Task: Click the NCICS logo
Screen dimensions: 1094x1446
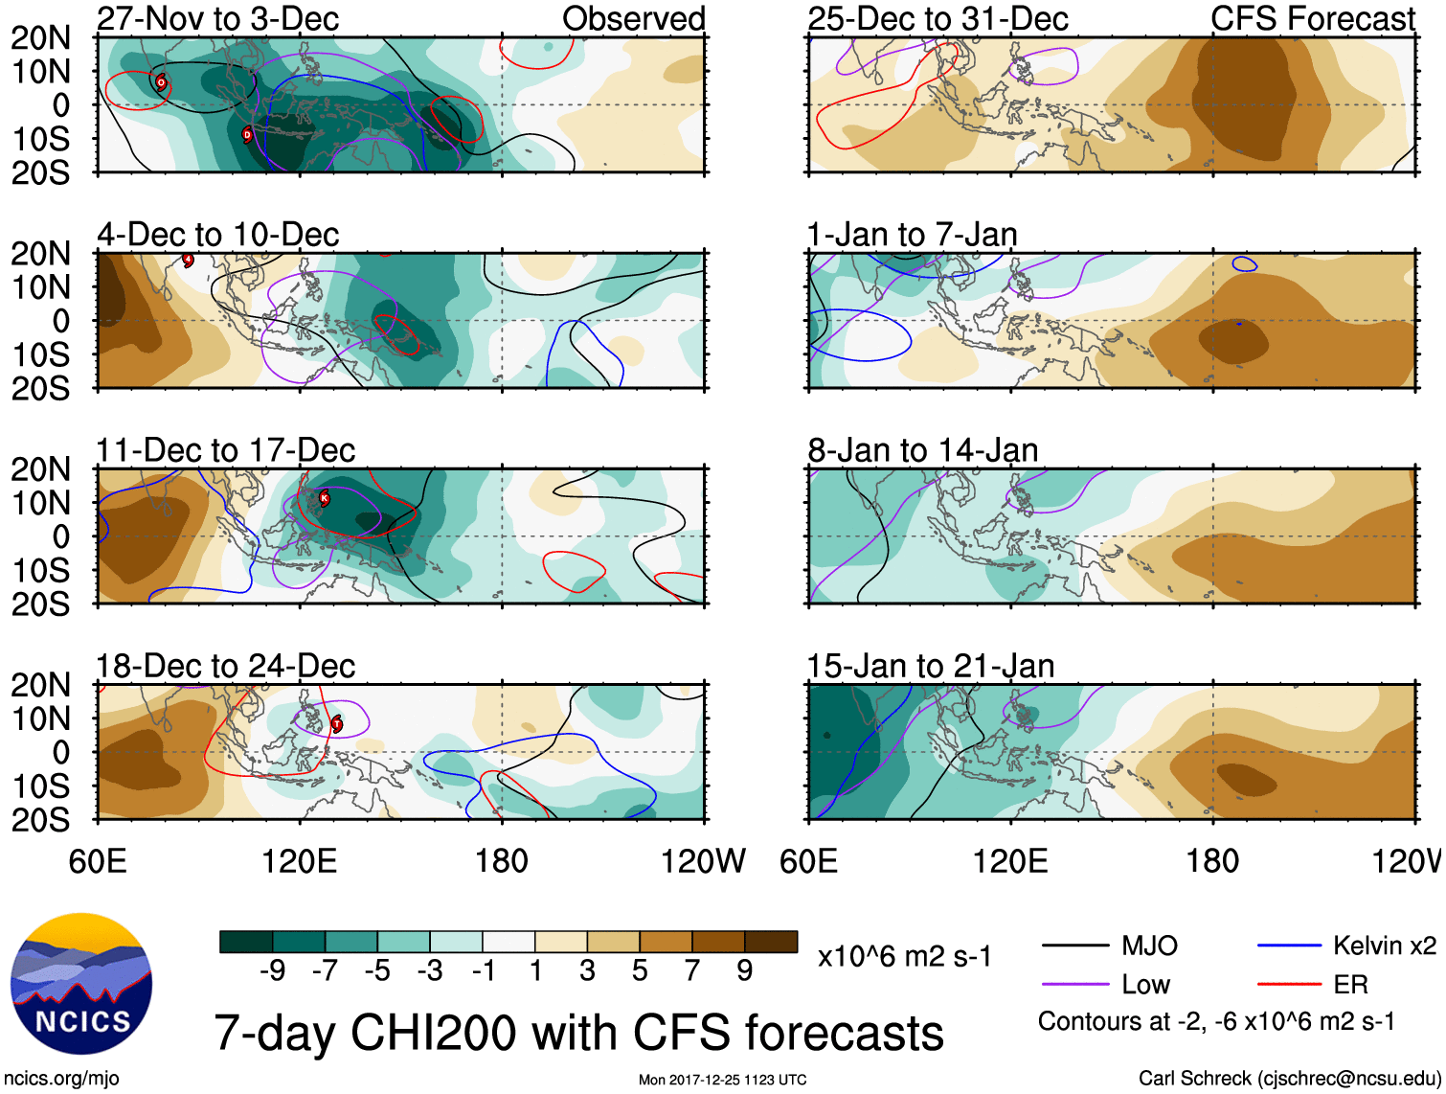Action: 81,984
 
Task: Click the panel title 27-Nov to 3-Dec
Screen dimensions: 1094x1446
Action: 217,18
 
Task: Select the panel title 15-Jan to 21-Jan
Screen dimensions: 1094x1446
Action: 930,666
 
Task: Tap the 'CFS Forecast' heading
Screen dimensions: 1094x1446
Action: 1313,18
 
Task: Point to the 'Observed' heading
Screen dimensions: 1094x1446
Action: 633,18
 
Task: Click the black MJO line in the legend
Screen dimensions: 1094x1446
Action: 1075,946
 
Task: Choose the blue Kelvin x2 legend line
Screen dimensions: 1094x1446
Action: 1289,946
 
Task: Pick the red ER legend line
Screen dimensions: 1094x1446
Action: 1289,984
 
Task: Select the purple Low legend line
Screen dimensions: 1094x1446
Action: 1075,984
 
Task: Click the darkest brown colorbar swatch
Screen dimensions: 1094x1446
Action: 771,942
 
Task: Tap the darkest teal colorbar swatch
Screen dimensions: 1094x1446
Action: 245,942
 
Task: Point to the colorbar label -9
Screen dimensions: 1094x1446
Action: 272,971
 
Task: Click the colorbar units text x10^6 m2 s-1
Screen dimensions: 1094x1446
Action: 904,956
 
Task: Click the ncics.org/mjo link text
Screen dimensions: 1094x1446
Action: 61,1079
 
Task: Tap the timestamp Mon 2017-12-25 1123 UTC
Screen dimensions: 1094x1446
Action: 722,1080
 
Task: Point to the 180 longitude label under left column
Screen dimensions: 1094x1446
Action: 502,861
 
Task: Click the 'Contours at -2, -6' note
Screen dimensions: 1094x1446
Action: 1216,1022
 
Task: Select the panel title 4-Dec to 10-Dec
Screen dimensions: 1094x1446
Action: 217,235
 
